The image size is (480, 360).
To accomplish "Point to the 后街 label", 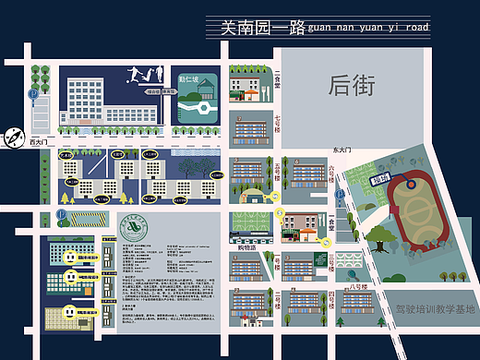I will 350,87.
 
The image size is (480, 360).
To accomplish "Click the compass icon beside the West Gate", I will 13,136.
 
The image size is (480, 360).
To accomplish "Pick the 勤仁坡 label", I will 187,80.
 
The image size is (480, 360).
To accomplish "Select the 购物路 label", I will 246,246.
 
